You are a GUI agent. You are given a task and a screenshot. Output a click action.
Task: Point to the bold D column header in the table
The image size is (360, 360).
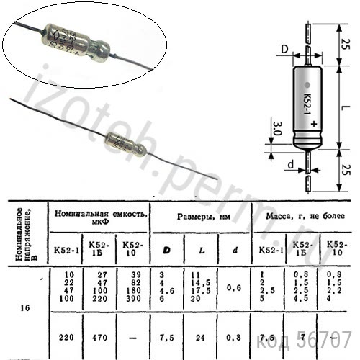tap(167, 250)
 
